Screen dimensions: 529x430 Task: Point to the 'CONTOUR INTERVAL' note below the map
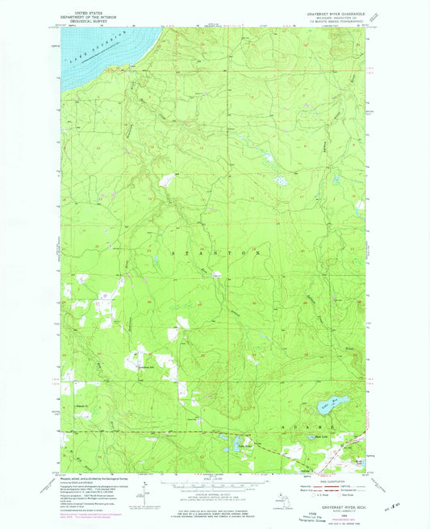coord(215,494)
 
